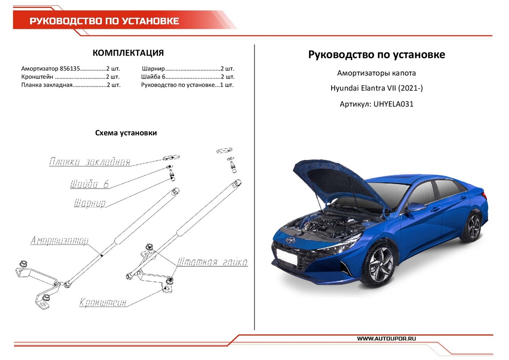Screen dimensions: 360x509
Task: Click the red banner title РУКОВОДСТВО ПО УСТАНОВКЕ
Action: coord(104,21)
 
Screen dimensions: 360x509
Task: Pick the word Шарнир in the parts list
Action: coord(153,68)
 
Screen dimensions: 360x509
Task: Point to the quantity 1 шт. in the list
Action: coord(227,85)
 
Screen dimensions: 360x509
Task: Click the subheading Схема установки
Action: coord(126,133)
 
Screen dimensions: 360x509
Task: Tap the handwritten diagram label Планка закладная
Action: coord(89,162)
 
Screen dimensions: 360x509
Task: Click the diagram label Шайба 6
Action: coord(89,184)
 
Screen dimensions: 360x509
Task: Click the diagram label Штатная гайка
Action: coord(212,262)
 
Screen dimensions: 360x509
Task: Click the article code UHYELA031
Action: coord(393,104)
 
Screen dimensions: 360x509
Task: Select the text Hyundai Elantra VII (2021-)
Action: coord(377,88)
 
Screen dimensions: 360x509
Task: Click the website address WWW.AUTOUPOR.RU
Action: coord(386,338)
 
